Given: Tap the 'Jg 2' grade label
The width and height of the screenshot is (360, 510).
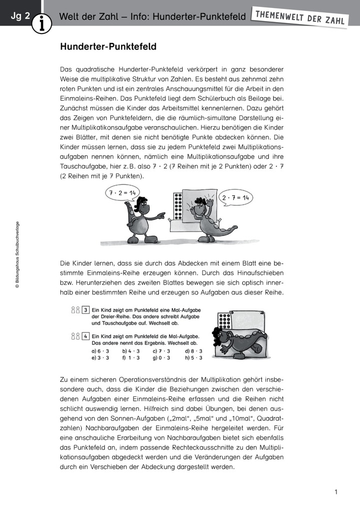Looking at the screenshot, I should pyautogui.click(x=20, y=16).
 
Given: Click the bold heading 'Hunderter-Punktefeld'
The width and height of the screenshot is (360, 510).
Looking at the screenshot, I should pyautogui.click(x=108, y=47).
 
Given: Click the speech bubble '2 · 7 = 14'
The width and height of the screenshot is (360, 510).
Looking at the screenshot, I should pyautogui.click(x=235, y=197).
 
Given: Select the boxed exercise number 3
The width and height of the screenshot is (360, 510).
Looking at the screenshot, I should pyautogui.click(x=86, y=310).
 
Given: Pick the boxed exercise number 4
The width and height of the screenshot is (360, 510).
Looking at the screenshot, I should pyautogui.click(x=86, y=336).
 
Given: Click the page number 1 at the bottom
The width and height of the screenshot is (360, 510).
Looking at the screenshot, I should pyautogui.click(x=336, y=492).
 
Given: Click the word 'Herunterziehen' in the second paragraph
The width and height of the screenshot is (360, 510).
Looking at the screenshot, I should pyautogui.click(x=88, y=282).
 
